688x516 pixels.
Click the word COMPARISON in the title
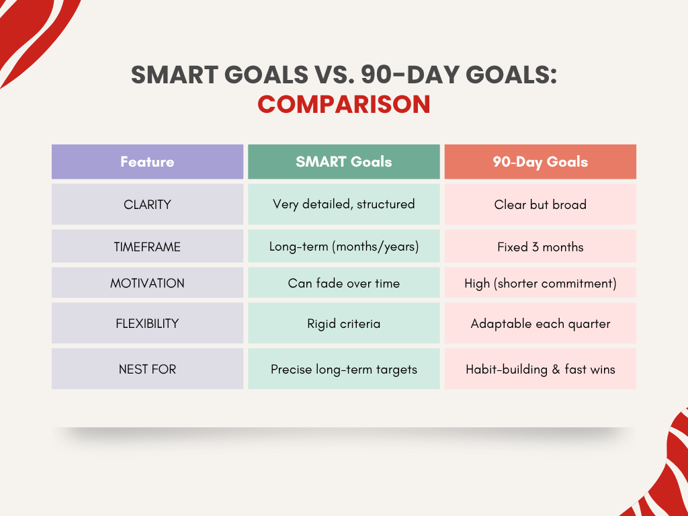tap(343, 104)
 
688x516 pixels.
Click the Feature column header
tap(147, 161)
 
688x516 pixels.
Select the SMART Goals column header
tap(343, 161)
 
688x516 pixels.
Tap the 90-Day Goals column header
tap(540, 161)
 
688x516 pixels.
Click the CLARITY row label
tap(147, 204)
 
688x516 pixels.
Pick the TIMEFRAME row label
tap(147, 247)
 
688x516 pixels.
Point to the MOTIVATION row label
tap(147, 283)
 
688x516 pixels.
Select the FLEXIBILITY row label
tap(147, 323)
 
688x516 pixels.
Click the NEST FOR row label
tap(147, 369)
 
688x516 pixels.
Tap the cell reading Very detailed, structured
tap(343, 204)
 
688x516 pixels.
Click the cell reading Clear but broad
tap(540, 204)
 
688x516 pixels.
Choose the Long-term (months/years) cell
tap(343, 247)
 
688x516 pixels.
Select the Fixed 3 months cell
tap(540, 247)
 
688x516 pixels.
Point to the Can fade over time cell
tap(343, 283)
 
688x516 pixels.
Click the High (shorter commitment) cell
tap(540, 283)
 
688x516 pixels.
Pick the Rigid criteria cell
tap(343, 323)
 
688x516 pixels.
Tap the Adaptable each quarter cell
tap(540, 323)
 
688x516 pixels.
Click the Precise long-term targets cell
tap(343, 369)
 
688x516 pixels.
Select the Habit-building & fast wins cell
tap(540, 369)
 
